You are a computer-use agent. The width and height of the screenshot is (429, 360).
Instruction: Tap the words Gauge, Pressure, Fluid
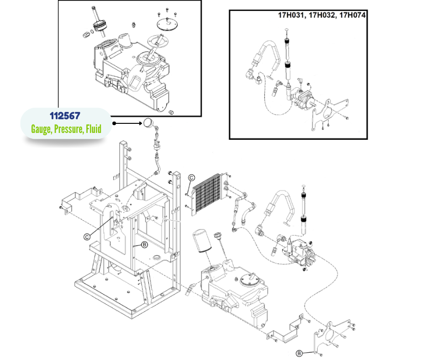click(x=66, y=129)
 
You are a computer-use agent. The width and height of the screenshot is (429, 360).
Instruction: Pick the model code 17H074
click(x=356, y=15)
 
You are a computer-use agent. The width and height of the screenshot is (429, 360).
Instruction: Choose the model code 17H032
click(x=323, y=15)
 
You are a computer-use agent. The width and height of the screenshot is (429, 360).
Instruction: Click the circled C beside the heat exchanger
click(x=192, y=178)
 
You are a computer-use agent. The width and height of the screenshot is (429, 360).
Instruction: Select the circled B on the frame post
click(x=144, y=244)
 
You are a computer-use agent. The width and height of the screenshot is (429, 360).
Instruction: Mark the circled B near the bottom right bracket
click(x=299, y=353)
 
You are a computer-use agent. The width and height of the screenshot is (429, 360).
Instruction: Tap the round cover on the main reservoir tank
click(x=251, y=277)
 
